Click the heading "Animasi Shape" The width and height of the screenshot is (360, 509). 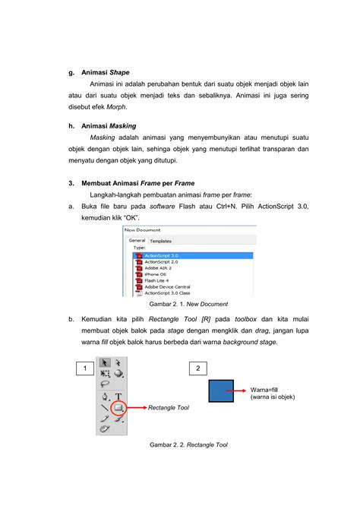click(x=105, y=72)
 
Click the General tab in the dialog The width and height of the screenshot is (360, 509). click(x=137, y=240)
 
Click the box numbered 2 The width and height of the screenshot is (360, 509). click(x=197, y=368)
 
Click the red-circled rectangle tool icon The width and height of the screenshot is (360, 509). click(x=118, y=408)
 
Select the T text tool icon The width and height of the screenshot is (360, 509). click(x=119, y=397)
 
